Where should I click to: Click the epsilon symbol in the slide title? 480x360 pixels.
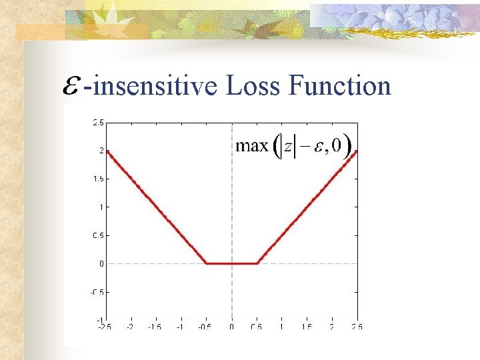pos(72,88)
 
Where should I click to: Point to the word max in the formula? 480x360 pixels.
pos(252,145)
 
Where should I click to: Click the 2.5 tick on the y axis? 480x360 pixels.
pos(97,122)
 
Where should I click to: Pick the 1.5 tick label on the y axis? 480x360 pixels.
pos(97,179)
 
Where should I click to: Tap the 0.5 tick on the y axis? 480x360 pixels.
pos(97,235)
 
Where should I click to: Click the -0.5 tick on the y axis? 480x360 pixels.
pos(97,292)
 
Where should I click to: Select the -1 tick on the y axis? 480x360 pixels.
pos(99,320)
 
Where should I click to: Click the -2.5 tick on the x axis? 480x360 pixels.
pos(104,327)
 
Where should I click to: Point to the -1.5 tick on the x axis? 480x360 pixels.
pos(154,327)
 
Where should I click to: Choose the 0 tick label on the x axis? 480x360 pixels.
pos(231,327)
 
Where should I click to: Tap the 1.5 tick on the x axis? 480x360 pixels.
pos(307,327)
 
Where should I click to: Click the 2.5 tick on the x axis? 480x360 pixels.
pos(357,327)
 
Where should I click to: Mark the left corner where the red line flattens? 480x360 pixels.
pos(207,263)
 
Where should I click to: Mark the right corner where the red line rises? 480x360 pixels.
pos(257,263)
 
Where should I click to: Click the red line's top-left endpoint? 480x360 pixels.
pos(107,151)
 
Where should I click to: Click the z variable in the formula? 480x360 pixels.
pos(288,146)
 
